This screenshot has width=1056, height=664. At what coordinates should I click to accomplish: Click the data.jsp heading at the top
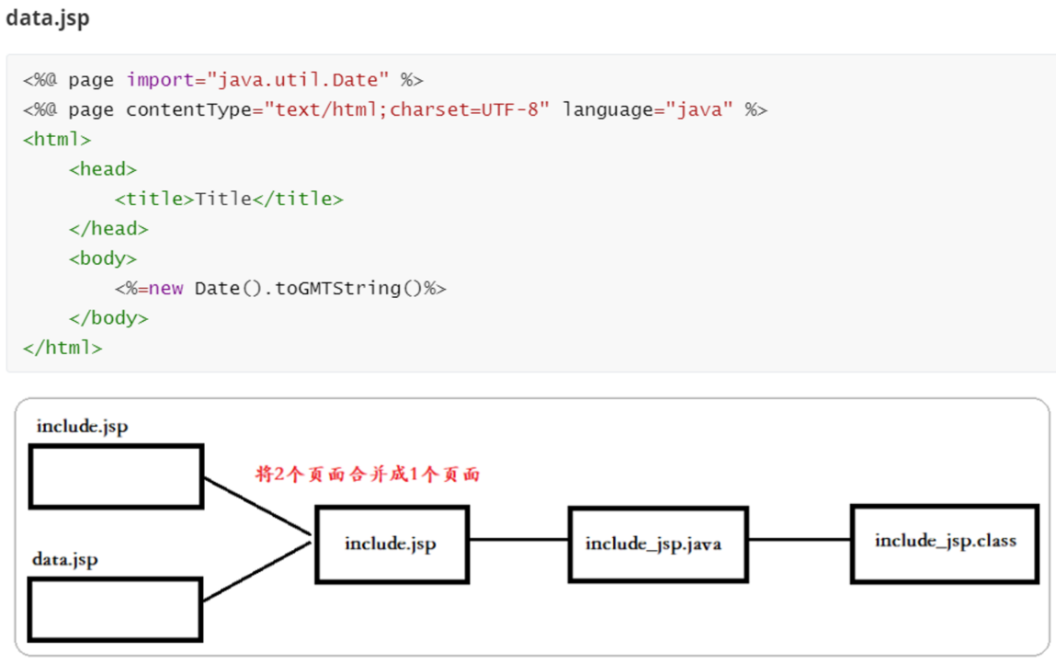coord(48,18)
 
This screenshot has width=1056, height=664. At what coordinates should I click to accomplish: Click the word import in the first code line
coord(160,80)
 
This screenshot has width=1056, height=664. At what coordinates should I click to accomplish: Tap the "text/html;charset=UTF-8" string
coord(407,110)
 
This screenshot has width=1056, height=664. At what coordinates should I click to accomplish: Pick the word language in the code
coord(607,110)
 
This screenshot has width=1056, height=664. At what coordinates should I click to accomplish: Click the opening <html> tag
coord(57,140)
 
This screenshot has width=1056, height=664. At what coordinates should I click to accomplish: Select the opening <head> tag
coord(103,169)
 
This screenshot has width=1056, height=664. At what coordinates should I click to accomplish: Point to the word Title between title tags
coord(223,200)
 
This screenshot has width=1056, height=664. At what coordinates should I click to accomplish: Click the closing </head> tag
coord(108,229)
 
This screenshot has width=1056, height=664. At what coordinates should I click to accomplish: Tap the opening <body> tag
coord(103,258)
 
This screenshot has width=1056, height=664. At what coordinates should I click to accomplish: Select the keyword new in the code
coord(166,289)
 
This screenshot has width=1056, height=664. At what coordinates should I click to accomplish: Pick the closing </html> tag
coord(62,348)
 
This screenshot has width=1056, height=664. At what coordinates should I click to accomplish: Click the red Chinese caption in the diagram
coord(368,475)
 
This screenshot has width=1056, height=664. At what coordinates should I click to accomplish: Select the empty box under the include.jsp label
coord(116,476)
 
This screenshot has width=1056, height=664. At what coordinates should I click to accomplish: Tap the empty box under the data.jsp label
coord(116,609)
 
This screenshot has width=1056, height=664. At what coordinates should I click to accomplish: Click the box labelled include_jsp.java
coord(657,544)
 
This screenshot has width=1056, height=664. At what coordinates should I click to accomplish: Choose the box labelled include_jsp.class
coord(945,543)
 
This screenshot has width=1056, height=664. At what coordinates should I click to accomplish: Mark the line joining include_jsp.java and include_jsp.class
coord(799,540)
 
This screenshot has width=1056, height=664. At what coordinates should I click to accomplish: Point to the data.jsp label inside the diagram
coord(65,559)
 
